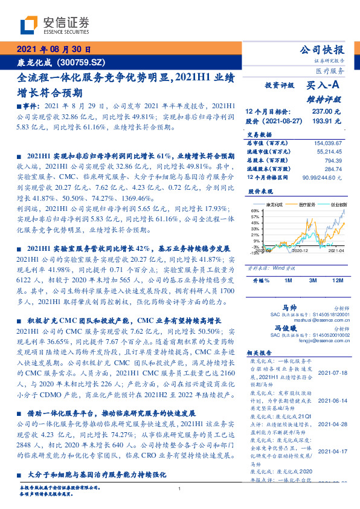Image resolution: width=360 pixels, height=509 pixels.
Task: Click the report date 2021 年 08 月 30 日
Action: coord(55,50)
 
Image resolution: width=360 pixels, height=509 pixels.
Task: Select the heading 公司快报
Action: coord(322,50)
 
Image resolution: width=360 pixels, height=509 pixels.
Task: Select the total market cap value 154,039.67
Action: coord(329,141)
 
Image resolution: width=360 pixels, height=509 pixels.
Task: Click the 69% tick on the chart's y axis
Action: coord(255,210)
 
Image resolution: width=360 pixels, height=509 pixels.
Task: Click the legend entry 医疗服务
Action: coord(307,205)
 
